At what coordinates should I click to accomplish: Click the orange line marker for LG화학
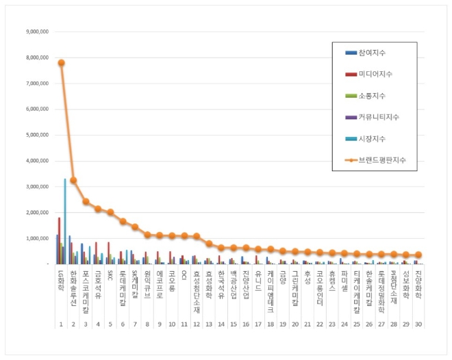tap(61, 62)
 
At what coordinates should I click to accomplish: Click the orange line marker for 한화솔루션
tap(73, 181)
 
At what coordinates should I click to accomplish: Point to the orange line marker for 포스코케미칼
tap(86, 202)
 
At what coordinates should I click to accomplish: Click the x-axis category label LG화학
tap(61, 279)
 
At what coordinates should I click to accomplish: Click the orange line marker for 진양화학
tap(418, 255)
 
